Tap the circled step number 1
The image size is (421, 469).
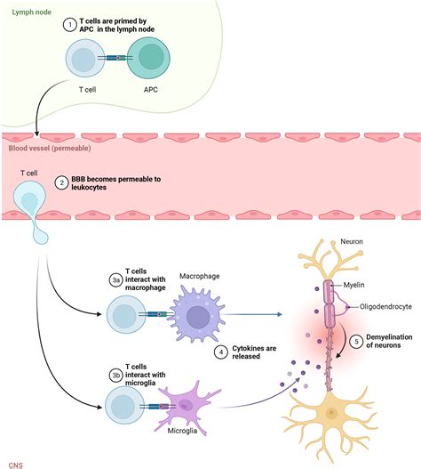point(71,25)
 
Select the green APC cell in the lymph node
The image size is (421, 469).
point(152,61)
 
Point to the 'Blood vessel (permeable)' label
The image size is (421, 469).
point(44,137)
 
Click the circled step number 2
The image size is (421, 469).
point(61,183)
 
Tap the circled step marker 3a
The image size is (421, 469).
point(115,279)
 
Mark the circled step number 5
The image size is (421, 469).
point(355,339)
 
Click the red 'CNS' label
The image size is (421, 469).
point(15,463)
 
